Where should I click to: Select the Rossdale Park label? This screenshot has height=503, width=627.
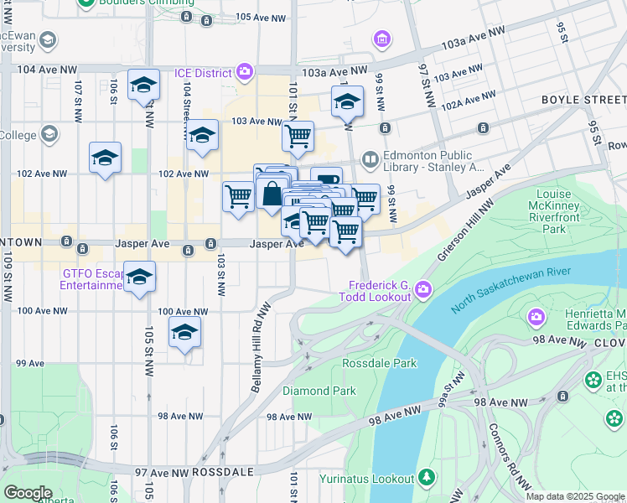pos(380,363)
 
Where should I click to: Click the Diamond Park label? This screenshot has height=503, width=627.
pos(319,391)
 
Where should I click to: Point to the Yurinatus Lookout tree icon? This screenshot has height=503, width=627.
pos(427,478)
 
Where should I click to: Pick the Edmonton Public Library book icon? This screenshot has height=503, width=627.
pos(370,158)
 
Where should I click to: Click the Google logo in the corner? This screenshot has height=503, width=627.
pos(28,493)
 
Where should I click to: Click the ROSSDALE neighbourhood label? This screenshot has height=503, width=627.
pos(222,472)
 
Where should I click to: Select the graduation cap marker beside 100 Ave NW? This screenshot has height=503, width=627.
pos(184,332)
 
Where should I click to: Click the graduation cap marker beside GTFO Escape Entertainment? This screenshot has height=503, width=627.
pos(140,277)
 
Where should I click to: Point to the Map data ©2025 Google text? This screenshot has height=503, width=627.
pos(575,496)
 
